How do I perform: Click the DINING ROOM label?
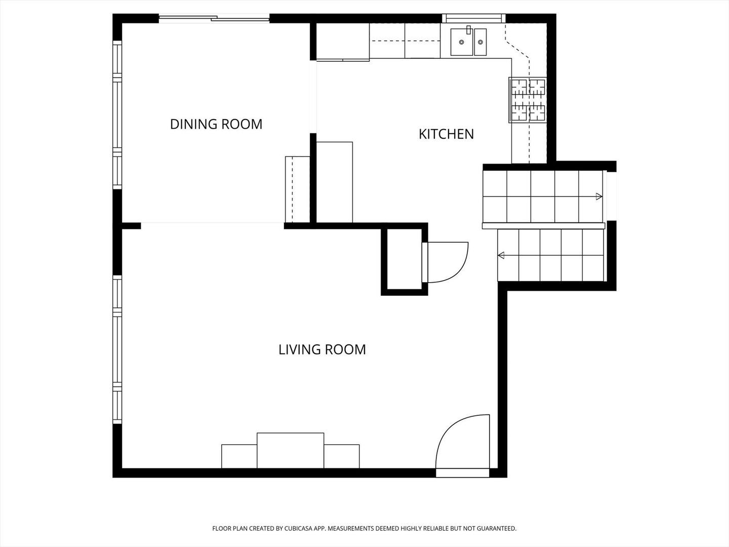pos(216,124)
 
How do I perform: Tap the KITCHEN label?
pos(446,134)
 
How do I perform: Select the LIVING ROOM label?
pos(322,349)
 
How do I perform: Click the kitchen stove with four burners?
pos(528,100)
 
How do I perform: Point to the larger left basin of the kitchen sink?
pos(462,42)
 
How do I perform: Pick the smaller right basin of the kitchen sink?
pos(480,42)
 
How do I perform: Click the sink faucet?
pos(469,30)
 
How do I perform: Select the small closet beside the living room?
pos(404,260)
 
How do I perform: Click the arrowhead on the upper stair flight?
pos(599,197)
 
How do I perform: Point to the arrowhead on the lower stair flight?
pos(501,255)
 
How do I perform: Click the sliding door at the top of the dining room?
pos(214,18)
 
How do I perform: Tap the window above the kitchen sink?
pos(474,18)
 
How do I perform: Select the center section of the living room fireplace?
pos(290,450)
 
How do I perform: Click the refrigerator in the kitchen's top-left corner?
pos(343,41)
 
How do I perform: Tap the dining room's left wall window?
pos(117,114)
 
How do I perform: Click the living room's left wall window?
pos(117,349)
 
